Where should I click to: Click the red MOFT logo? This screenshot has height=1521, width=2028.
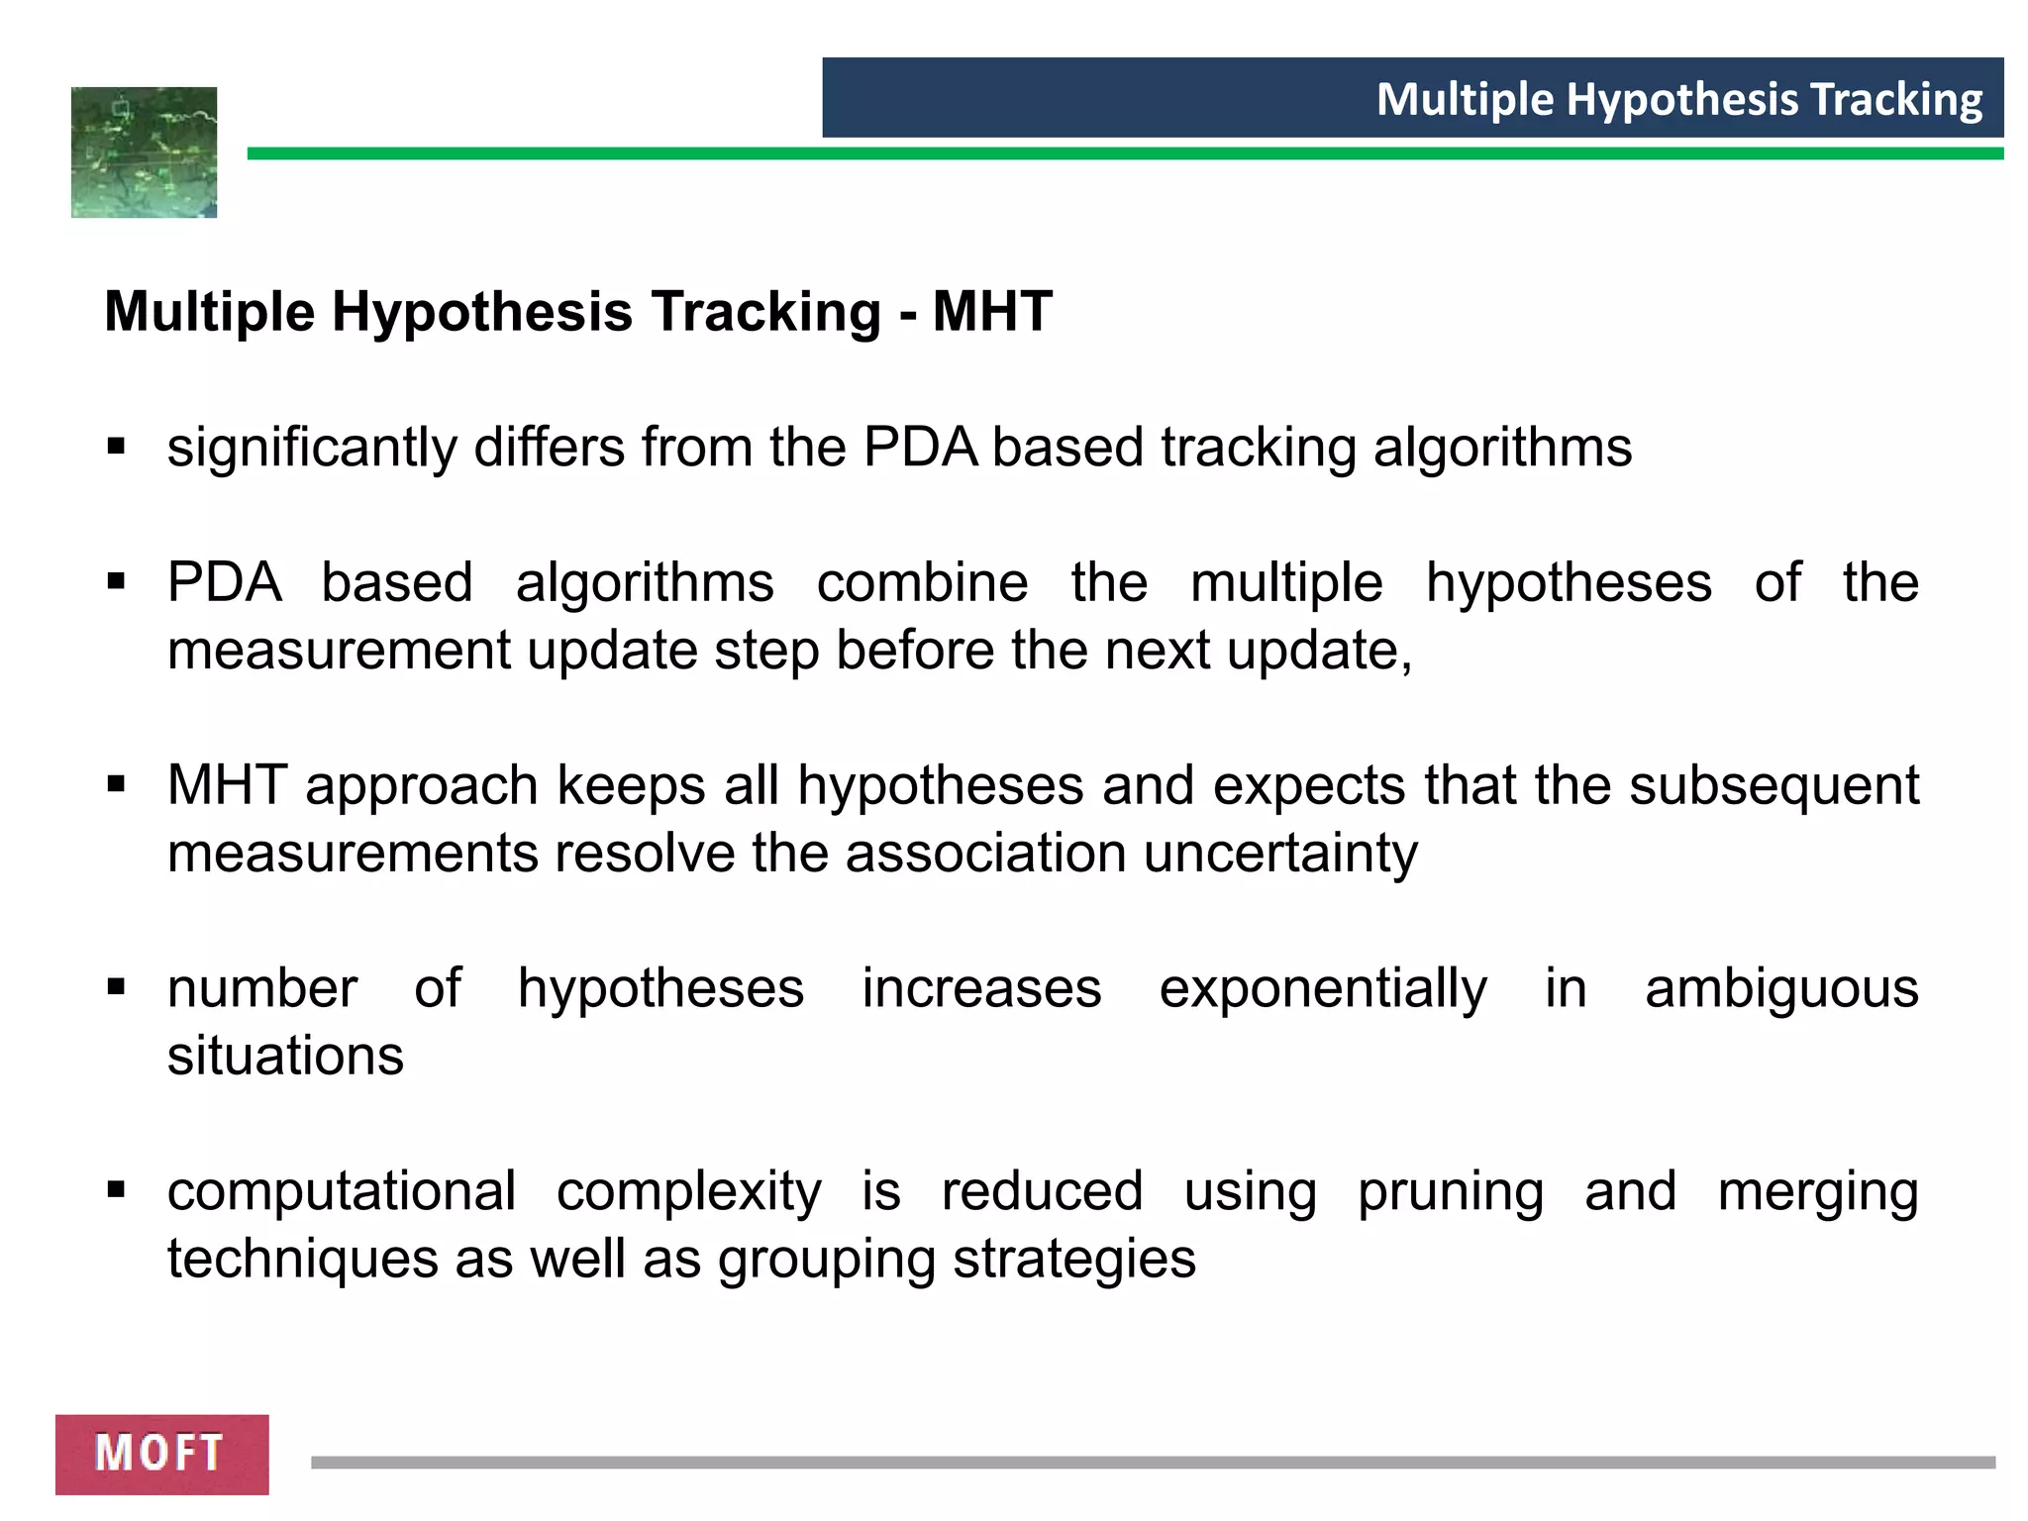pos(161,1454)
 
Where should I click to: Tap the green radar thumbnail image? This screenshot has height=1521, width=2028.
pos(145,152)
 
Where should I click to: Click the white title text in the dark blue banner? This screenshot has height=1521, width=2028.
pos(1678,99)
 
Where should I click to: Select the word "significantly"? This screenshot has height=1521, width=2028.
pos(312,448)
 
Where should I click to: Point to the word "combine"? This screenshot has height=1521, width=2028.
pos(922,582)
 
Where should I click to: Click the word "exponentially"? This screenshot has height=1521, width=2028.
pos(1323,988)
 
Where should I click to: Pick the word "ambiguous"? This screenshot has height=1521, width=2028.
pos(1781,988)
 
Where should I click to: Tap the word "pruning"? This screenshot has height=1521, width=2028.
pos(1450,1191)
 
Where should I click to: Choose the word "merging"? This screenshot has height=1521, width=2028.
pos(1818,1191)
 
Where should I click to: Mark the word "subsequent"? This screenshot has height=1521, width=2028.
pos(1774,785)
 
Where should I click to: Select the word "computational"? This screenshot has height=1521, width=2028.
pos(342,1191)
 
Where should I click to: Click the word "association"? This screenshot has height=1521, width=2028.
pos(985,853)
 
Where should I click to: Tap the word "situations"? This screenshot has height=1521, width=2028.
pos(285,1056)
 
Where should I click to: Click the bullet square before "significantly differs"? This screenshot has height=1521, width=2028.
pos(117,447)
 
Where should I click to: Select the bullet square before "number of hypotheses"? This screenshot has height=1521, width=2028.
pos(117,987)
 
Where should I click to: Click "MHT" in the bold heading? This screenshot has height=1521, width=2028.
pos(992,312)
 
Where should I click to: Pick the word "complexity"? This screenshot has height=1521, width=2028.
pos(688,1191)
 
